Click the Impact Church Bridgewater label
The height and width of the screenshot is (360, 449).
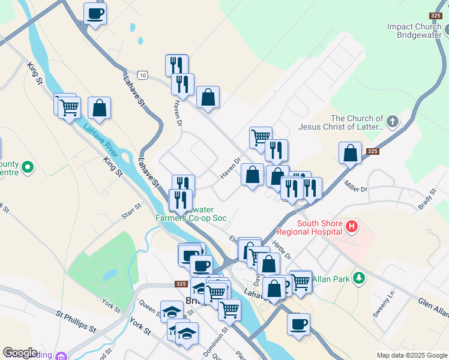(414, 31)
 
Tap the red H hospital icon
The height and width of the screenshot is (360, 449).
(352, 227)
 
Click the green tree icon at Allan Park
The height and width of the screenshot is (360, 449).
(359, 278)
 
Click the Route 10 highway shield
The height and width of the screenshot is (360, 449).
(142, 74)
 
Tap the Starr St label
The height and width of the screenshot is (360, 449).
(131, 210)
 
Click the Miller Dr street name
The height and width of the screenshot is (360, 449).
(355, 190)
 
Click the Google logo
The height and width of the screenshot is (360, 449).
(20, 353)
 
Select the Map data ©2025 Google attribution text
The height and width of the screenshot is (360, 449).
(411, 355)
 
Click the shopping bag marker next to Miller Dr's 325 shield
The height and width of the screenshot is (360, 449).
(350, 153)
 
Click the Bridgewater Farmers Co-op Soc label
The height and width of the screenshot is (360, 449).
(191, 214)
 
